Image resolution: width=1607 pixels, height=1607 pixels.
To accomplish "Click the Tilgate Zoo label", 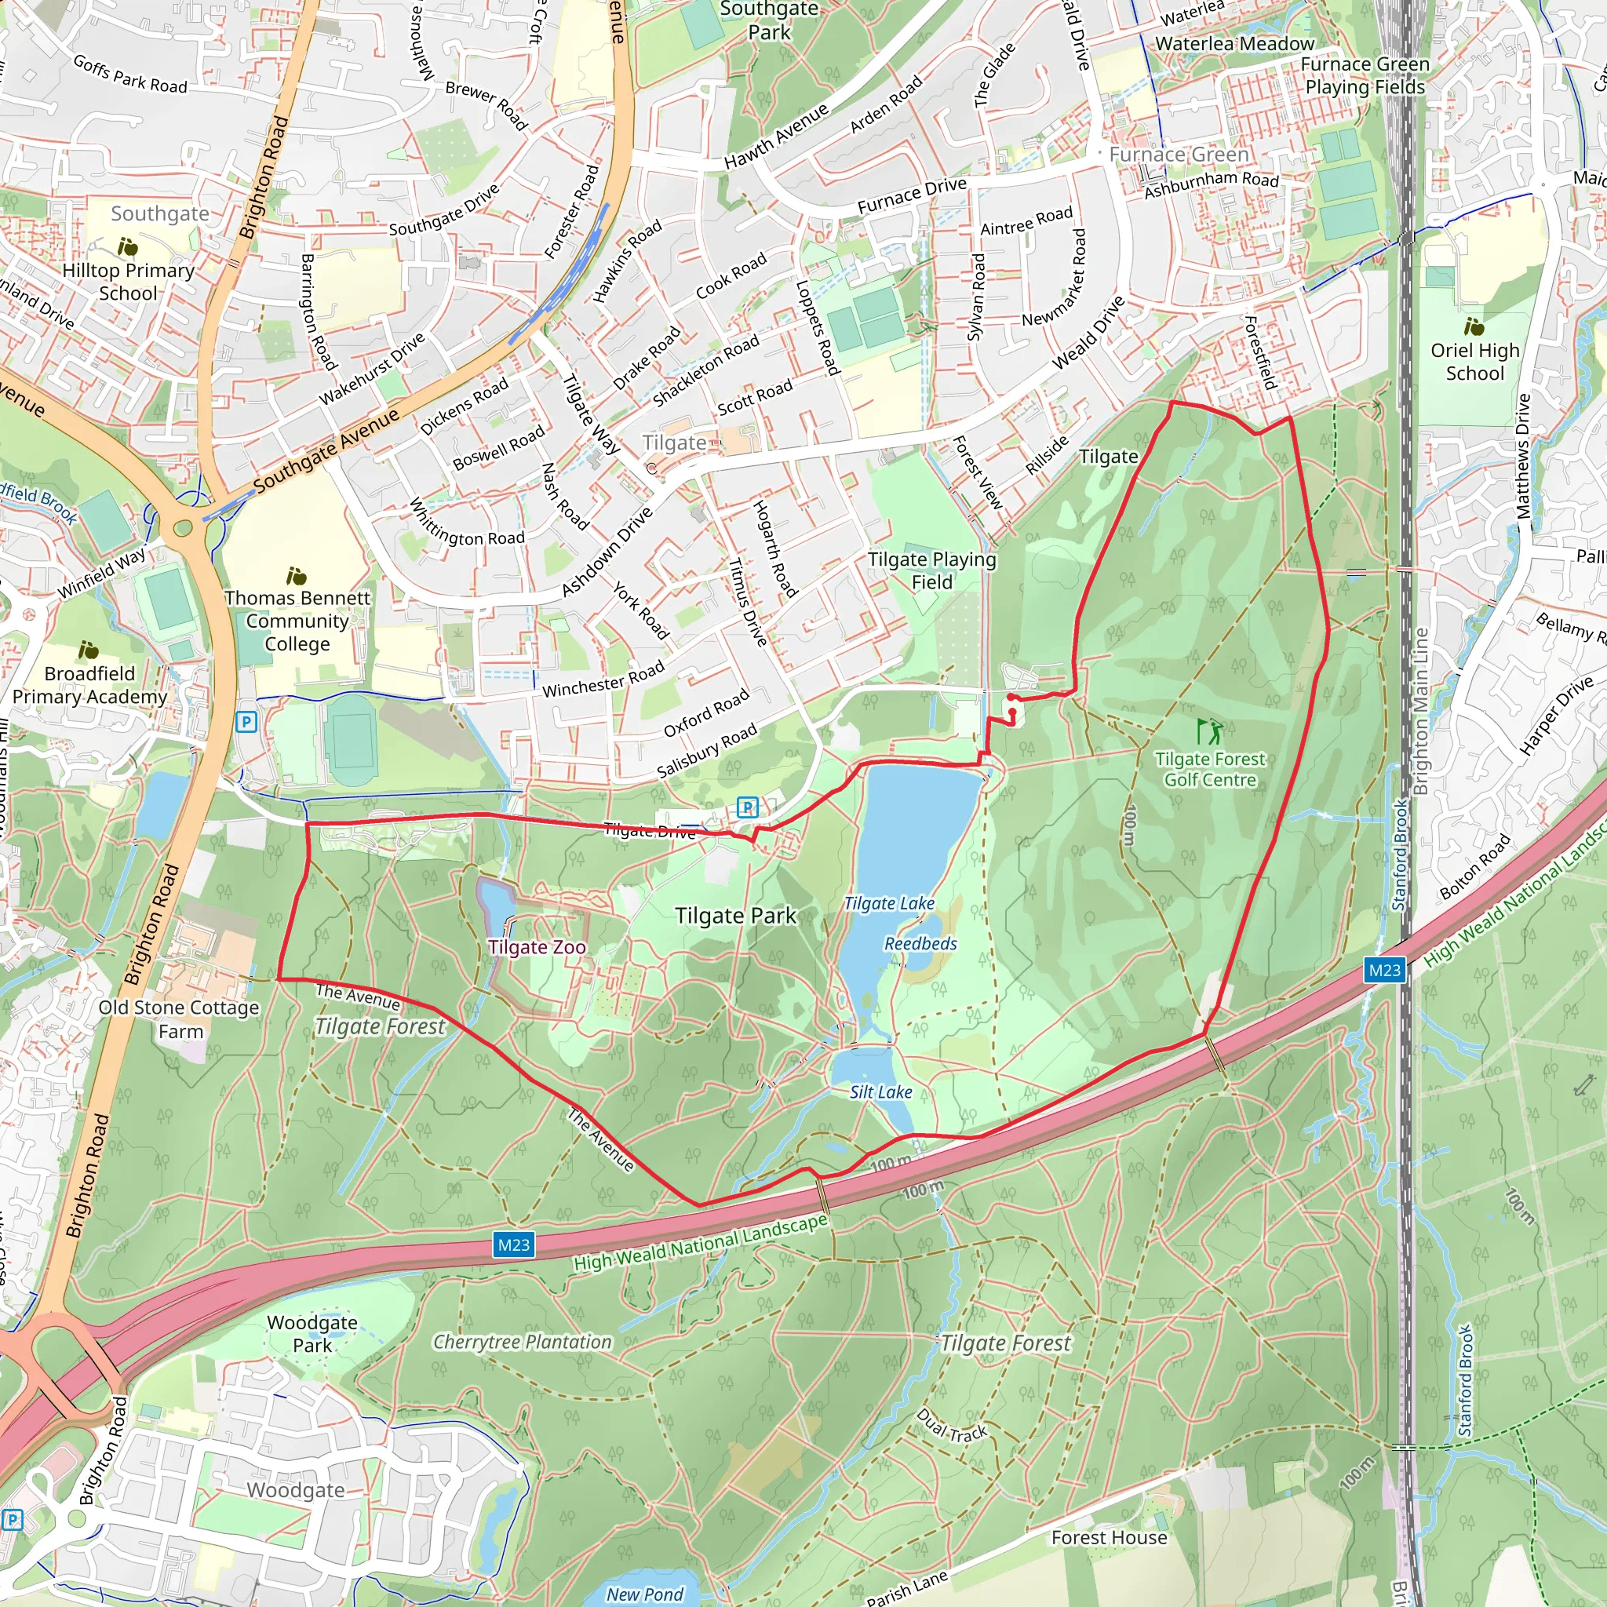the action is [x=537, y=946].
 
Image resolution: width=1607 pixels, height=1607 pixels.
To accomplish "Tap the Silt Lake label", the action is [x=881, y=1092].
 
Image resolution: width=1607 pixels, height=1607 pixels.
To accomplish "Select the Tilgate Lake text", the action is [x=889, y=903].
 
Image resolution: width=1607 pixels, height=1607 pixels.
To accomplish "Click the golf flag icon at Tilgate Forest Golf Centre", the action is [x=1210, y=731].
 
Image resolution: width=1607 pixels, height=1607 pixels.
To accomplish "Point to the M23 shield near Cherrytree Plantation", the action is [x=513, y=1245].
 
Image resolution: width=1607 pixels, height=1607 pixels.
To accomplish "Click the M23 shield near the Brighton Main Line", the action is [x=1384, y=970].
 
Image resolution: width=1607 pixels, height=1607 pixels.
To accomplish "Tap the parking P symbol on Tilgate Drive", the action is [x=747, y=806].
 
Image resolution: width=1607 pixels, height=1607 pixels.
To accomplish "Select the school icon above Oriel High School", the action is [x=1474, y=326].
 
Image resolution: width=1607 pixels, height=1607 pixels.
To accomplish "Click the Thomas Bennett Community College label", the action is [x=297, y=621].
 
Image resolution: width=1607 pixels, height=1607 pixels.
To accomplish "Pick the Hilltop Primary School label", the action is [x=128, y=281].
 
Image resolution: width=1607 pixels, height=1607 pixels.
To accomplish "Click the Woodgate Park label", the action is [x=312, y=1333].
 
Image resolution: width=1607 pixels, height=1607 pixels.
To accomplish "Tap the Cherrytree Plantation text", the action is [x=523, y=1342].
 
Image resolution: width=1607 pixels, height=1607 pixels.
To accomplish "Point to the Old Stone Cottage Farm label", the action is [x=179, y=1019].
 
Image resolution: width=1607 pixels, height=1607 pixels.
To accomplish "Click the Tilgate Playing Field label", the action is [x=931, y=570].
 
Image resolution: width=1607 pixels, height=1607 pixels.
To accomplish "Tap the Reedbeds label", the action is [x=920, y=943].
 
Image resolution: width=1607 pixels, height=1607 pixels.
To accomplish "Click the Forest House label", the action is [x=1109, y=1537].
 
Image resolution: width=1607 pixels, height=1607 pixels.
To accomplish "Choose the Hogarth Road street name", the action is [x=775, y=548].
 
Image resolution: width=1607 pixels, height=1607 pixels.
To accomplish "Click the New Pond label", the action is [x=645, y=1594].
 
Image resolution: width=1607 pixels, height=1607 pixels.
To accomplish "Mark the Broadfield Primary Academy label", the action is [x=89, y=684].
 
